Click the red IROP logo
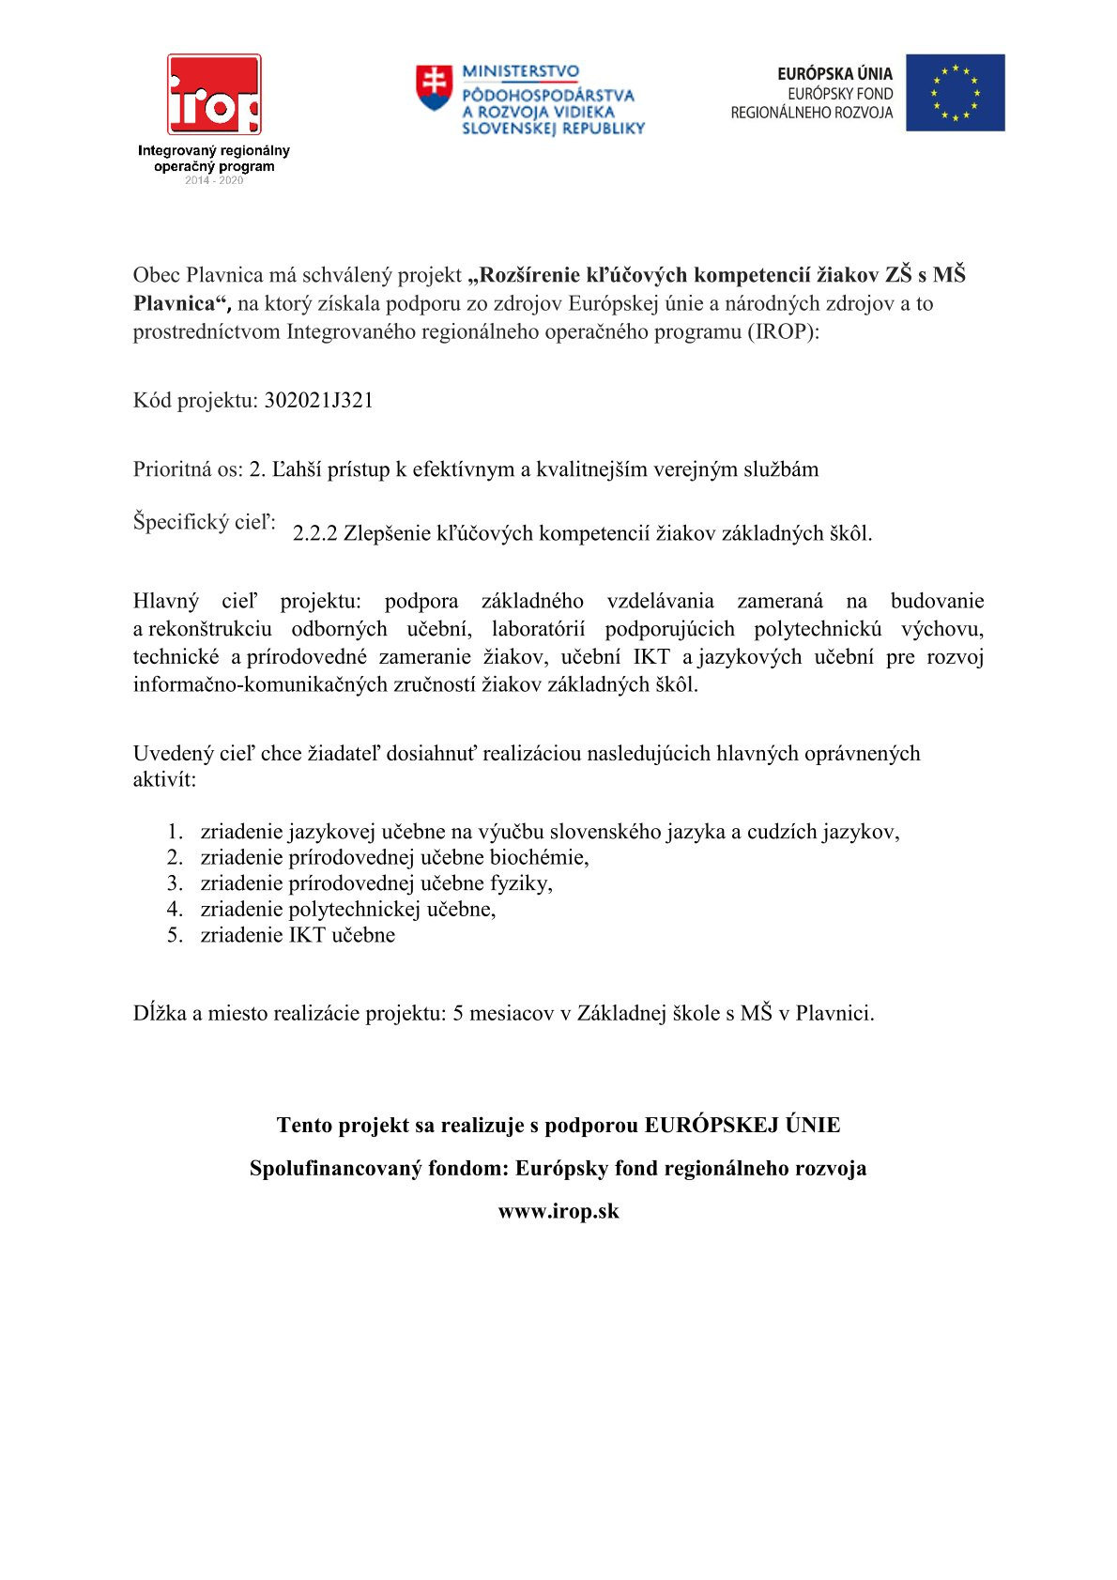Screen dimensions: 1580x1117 [x=214, y=94]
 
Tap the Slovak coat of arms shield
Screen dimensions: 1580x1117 [x=434, y=87]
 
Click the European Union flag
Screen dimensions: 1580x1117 [x=955, y=92]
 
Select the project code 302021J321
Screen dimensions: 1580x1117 [x=319, y=401]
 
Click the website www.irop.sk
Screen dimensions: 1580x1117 [x=558, y=1211]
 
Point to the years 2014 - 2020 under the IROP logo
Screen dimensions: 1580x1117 [x=214, y=180]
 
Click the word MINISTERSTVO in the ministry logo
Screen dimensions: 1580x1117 [x=520, y=71]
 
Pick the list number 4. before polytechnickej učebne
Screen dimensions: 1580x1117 [x=176, y=909]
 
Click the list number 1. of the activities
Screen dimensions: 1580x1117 [x=176, y=832]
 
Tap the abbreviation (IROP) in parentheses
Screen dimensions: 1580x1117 [x=783, y=331]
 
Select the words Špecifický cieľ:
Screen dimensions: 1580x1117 [x=205, y=522]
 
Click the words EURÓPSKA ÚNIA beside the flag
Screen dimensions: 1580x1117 [x=834, y=73]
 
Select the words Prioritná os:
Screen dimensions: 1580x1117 [x=188, y=469]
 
